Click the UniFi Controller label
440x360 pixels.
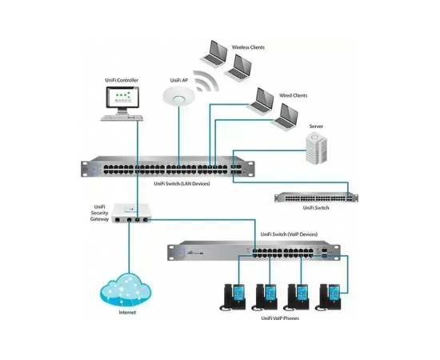pos(122,80)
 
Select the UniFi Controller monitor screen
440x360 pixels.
pos(122,97)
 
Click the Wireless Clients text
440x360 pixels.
pos(248,47)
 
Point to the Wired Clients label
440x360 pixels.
pos(294,95)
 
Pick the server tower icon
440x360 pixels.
pos(316,148)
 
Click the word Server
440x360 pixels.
pos(316,126)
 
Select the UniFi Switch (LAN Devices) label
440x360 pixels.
pos(182,184)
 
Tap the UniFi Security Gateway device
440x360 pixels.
pos(131,213)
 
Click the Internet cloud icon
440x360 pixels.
pos(126,290)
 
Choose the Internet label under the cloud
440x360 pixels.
pos(127,312)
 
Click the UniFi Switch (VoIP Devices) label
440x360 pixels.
pos(289,234)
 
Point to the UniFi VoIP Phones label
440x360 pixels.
pos(280,318)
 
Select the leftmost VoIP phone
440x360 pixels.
pos(233,298)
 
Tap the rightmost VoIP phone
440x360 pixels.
pos(328,298)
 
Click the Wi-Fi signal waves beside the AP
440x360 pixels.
pos(206,81)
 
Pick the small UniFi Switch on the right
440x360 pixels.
pos(316,197)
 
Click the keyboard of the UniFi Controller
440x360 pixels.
pos(122,118)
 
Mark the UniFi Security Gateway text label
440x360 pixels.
pos(99,213)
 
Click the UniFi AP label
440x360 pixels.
pos(178,81)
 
